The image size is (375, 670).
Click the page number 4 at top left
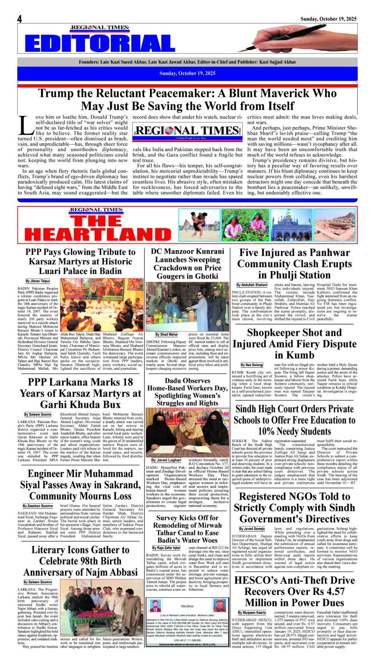(19, 19)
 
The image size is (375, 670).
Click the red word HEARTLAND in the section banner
(98, 234)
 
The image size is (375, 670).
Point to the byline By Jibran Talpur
(38, 281)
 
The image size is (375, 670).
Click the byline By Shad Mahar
(167, 334)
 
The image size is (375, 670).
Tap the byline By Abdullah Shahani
(252, 285)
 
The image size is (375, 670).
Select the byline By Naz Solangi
(252, 365)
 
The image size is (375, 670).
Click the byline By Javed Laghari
(166, 460)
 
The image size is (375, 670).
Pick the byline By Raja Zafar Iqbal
(166, 548)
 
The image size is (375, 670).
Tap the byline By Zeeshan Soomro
(38, 506)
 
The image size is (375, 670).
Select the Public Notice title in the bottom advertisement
(187, 606)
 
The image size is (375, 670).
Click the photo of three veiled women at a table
(187, 432)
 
